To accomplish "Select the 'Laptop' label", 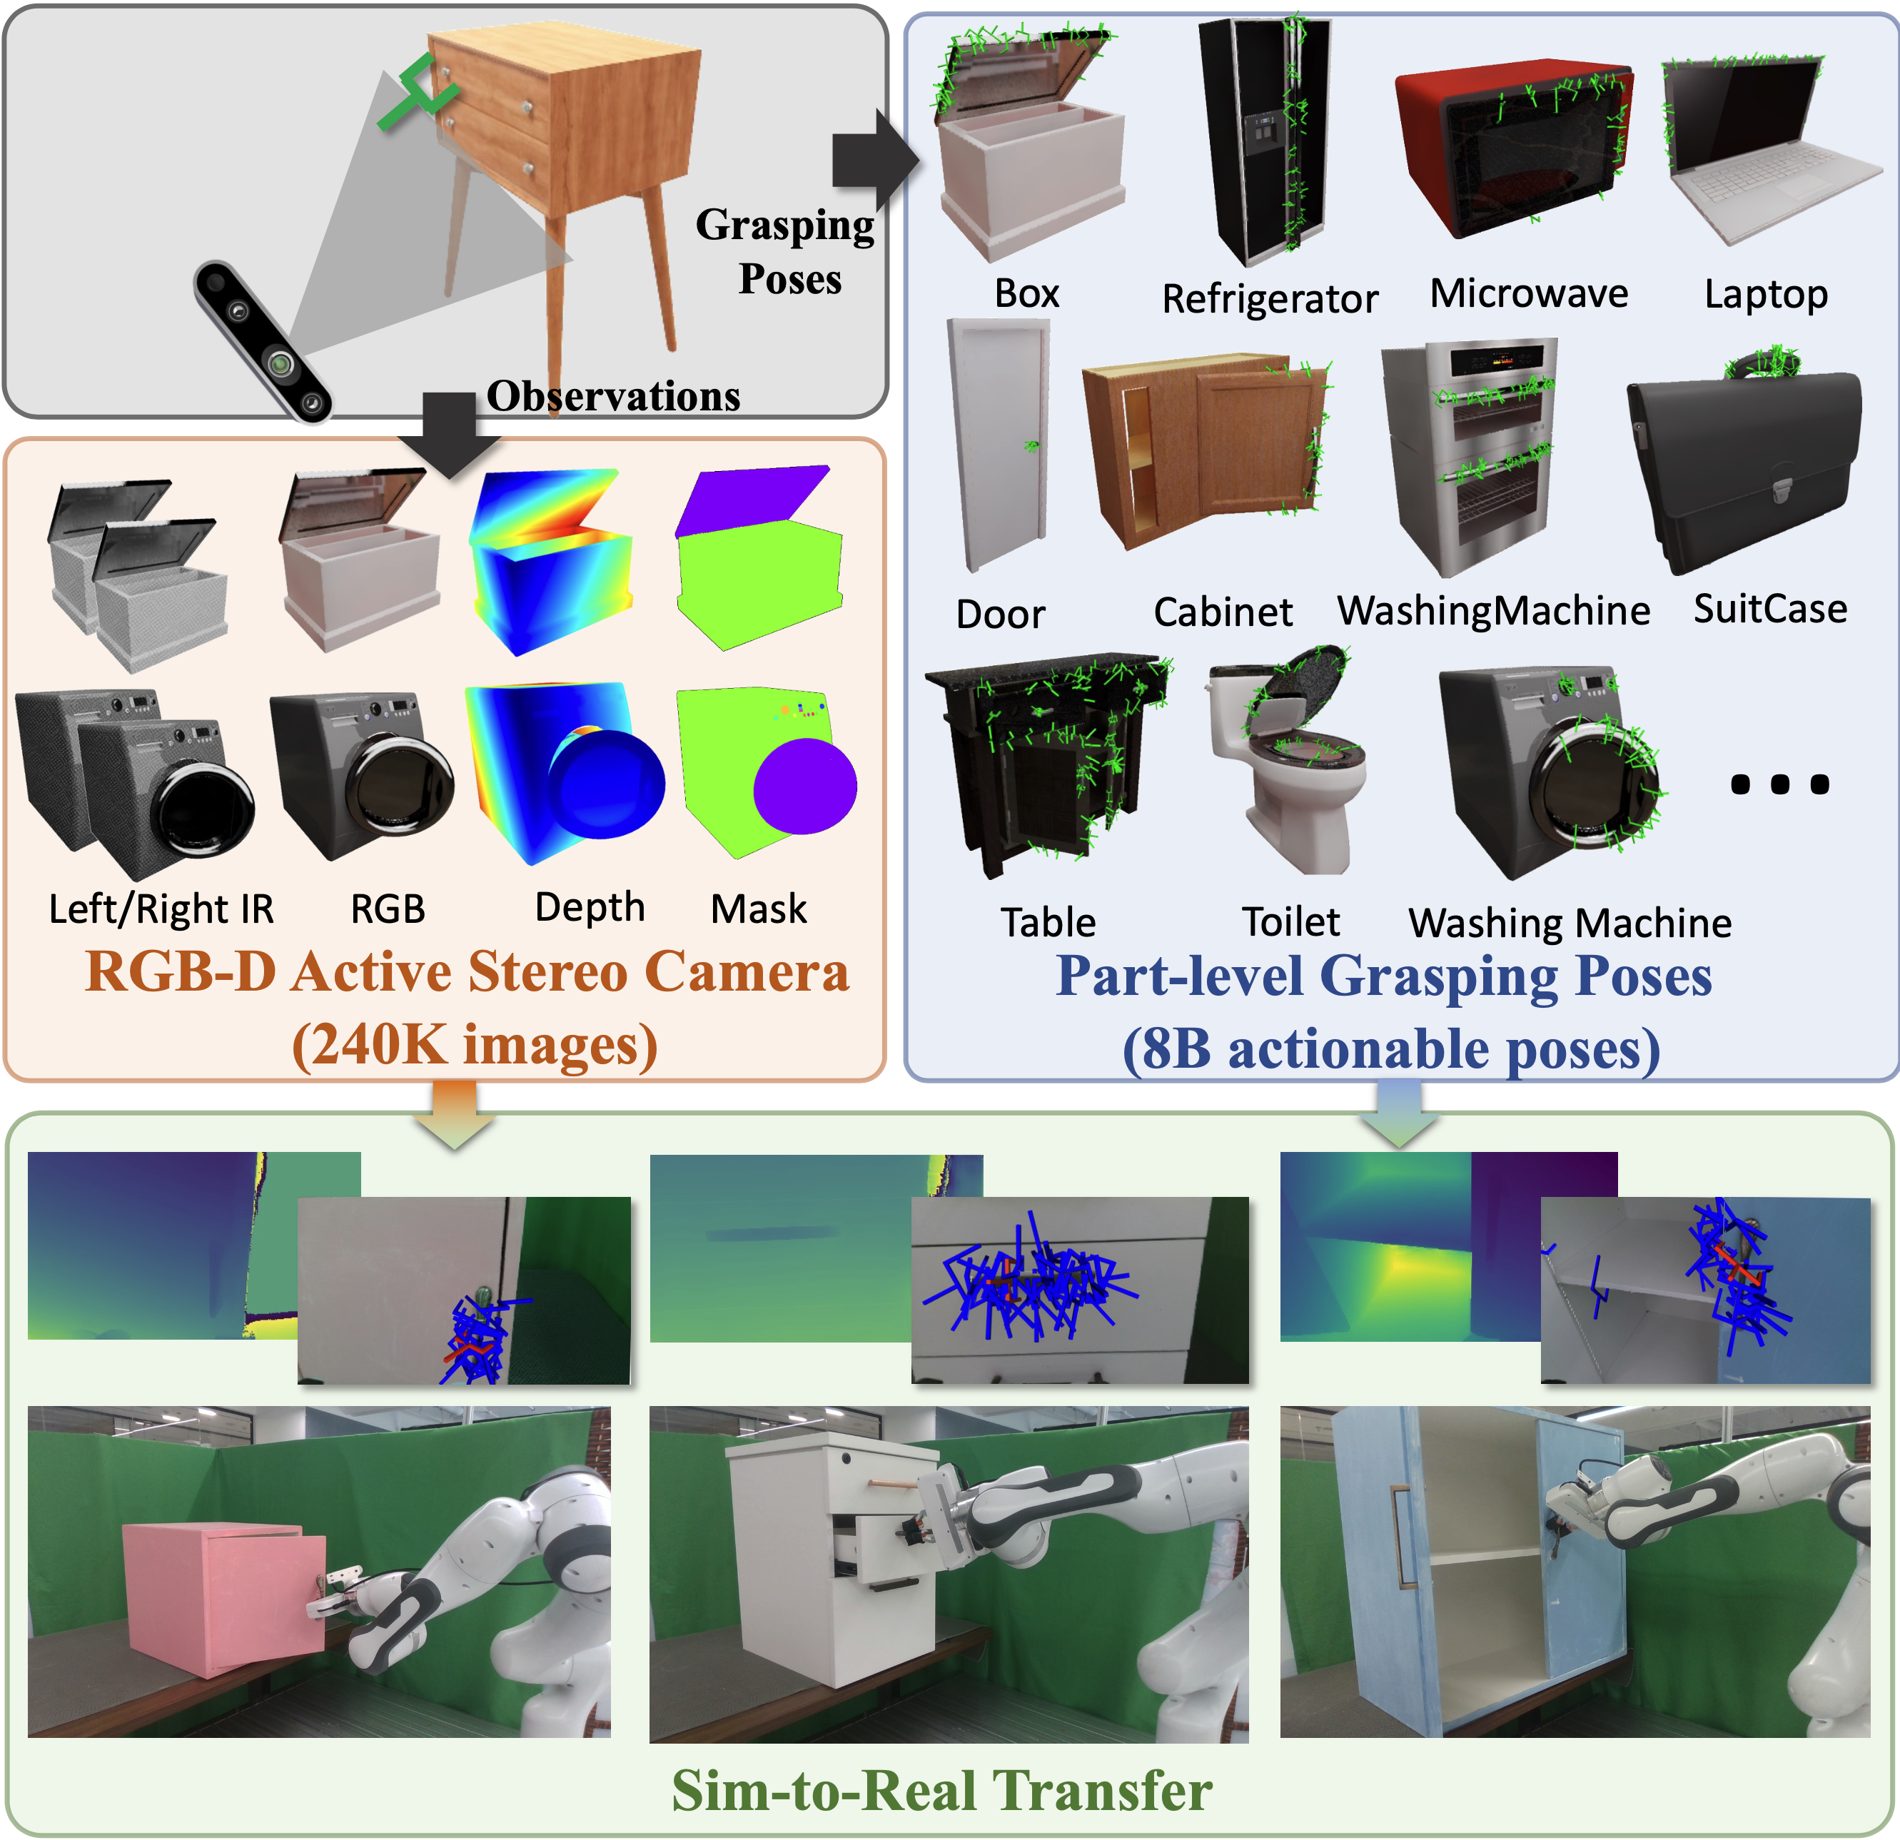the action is click(1767, 295).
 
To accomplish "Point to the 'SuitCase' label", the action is click(1770, 609).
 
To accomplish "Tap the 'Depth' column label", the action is click(590, 907).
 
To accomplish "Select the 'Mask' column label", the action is click(759, 909).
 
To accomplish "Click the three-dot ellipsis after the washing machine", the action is click(1780, 783).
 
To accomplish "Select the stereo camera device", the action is click(263, 340).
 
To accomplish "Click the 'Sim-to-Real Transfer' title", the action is click(942, 1789).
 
